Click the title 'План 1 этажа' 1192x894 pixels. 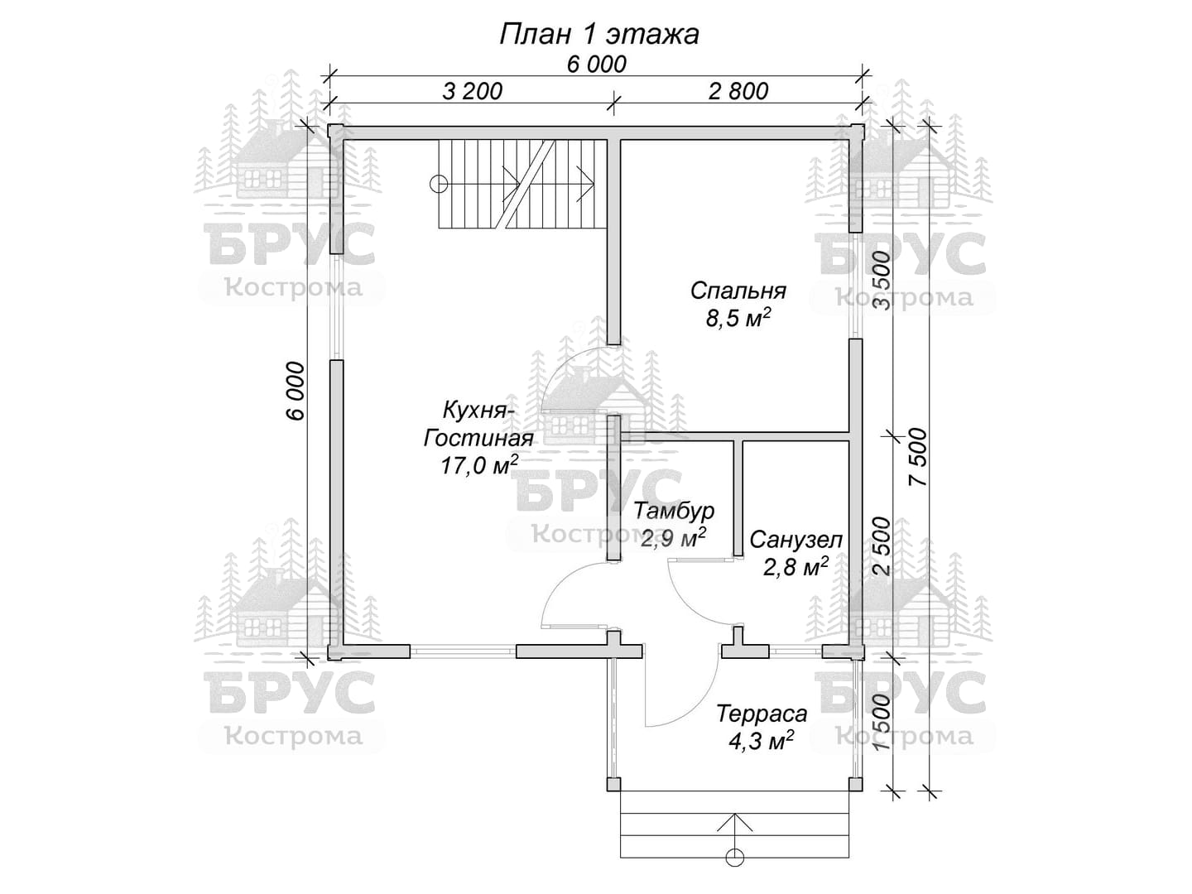tap(599, 34)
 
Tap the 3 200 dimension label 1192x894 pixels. tap(472, 91)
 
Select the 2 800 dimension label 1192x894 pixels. tap(738, 91)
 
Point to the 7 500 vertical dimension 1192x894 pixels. tap(918, 456)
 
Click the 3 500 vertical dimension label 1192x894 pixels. tap(883, 281)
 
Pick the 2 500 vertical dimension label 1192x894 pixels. tap(883, 546)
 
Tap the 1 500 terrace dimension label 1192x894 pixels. tap(883, 723)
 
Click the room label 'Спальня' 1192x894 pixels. tap(738, 291)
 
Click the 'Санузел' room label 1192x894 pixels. tap(796, 540)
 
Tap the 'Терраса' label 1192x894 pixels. tap(762, 714)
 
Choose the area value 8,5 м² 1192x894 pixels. tap(738, 318)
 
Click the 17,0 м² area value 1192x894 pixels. tap(478, 465)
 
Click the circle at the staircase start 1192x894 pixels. tap(438, 185)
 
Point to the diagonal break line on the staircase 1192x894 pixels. tap(530, 185)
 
